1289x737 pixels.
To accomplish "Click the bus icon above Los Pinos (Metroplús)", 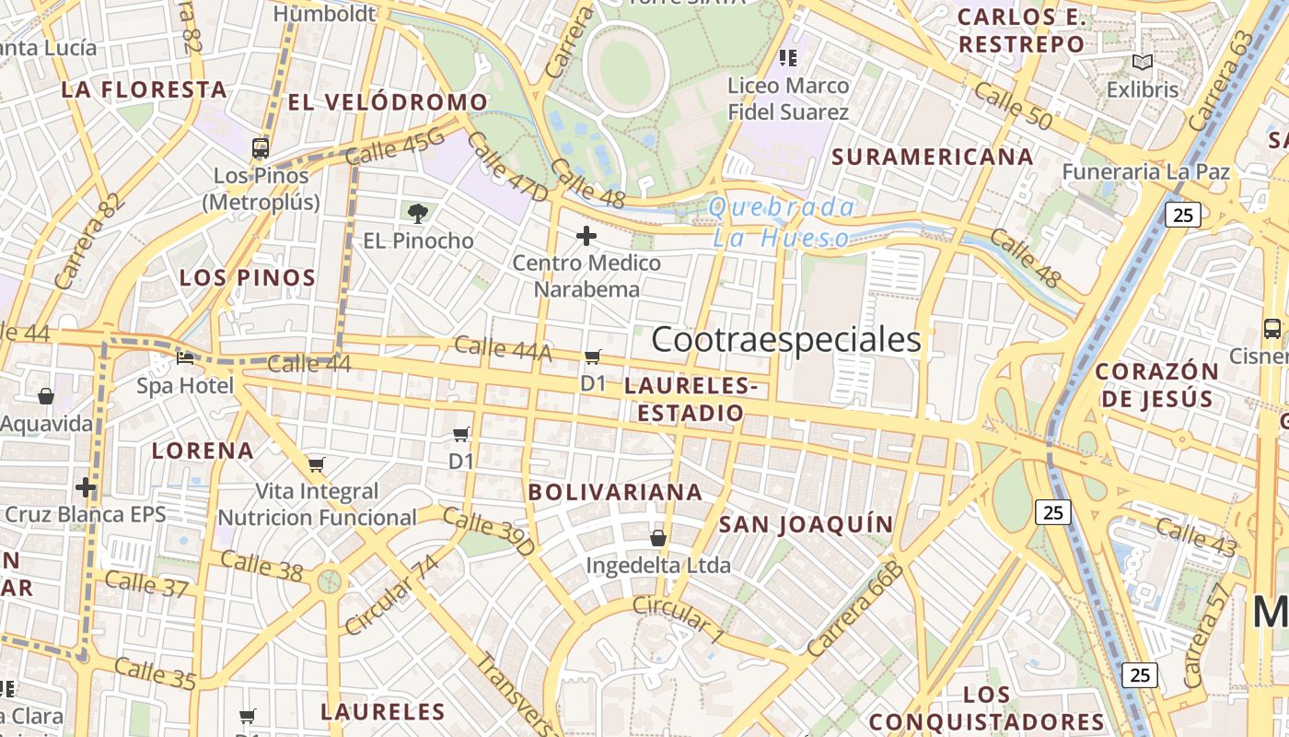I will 261,147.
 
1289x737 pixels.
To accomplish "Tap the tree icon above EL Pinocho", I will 418,214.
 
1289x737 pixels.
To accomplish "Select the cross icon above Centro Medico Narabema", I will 586,236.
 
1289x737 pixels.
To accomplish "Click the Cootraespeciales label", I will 785,339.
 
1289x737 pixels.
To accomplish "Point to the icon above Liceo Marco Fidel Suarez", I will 787,58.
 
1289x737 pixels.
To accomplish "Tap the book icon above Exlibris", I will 1143,63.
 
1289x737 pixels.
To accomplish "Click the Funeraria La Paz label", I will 1145,171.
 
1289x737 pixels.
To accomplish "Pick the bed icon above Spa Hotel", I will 185,357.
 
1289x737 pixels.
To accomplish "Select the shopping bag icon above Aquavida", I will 45,396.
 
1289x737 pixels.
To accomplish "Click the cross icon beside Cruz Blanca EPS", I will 86,486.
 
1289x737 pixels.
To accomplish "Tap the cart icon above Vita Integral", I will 317,464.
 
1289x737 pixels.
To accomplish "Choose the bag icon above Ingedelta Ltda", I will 658,537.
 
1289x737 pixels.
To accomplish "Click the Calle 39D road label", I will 488,531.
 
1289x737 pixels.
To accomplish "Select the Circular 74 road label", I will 391,594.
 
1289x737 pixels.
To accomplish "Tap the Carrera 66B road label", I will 855,608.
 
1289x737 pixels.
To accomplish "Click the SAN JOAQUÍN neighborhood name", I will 806,524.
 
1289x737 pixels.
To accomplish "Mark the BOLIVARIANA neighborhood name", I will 615,492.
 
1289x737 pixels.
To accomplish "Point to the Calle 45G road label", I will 395,147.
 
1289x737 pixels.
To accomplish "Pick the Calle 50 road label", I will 1012,105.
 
